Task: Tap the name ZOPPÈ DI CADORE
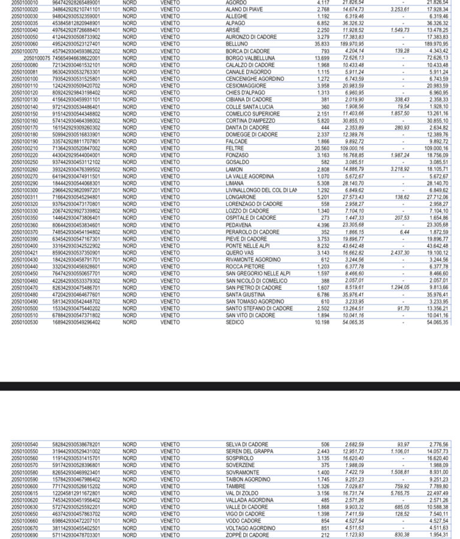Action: click(x=247, y=535)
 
